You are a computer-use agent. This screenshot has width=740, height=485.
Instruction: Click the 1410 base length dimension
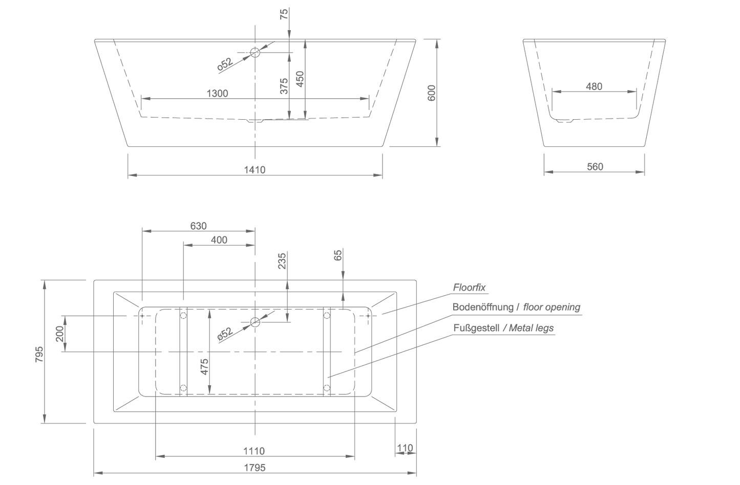pyautogui.click(x=255, y=170)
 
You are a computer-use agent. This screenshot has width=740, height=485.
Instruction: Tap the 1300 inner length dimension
pyautogui.click(x=217, y=94)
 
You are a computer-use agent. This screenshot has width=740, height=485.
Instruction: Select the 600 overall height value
pyautogui.click(x=431, y=93)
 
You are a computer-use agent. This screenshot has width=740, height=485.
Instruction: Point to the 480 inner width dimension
pyautogui.click(x=594, y=86)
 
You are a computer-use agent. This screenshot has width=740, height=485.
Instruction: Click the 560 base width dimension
pyautogui.click(x=595, y=167)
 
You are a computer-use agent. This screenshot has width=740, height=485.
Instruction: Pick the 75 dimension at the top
pyautogui.click(x=284, y=14)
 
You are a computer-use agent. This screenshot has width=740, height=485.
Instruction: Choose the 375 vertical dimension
pyautogui.click(x=284, y=86)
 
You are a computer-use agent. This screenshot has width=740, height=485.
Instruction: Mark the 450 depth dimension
pyautogui.click(x=300, y=79)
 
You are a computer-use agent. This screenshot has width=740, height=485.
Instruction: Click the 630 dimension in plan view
pyautogui.click(x=198, y=226)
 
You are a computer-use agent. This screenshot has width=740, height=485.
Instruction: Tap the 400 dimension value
pyautogui.click(x=219, y=240)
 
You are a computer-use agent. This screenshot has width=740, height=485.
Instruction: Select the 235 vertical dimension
pyautogui.click(x=282, y=261)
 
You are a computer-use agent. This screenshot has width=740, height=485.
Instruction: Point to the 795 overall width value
pyautogui.click(x=39, y=355)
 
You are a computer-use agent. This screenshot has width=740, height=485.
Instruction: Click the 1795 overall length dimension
pyautogui.click(x=255, y=468)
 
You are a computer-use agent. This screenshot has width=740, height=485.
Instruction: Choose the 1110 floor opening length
pyautogui.click(x=254, y=451)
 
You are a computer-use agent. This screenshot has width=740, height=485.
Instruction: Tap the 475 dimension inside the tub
pyautogui.click(x=204, y=367)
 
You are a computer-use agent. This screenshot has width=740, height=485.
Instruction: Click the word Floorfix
pyautogui.click(x=469, y=288)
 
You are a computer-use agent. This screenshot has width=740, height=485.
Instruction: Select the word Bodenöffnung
pyautogui.click(x=483, y=307)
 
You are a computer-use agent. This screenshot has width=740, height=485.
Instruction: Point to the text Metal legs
pyautogui.click(x=531, y=328)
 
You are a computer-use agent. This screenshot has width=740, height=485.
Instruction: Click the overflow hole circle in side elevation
pyautogui.click(x=255, y=53)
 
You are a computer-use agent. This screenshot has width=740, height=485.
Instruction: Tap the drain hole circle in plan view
pyautogui.click(x=255, y=322)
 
